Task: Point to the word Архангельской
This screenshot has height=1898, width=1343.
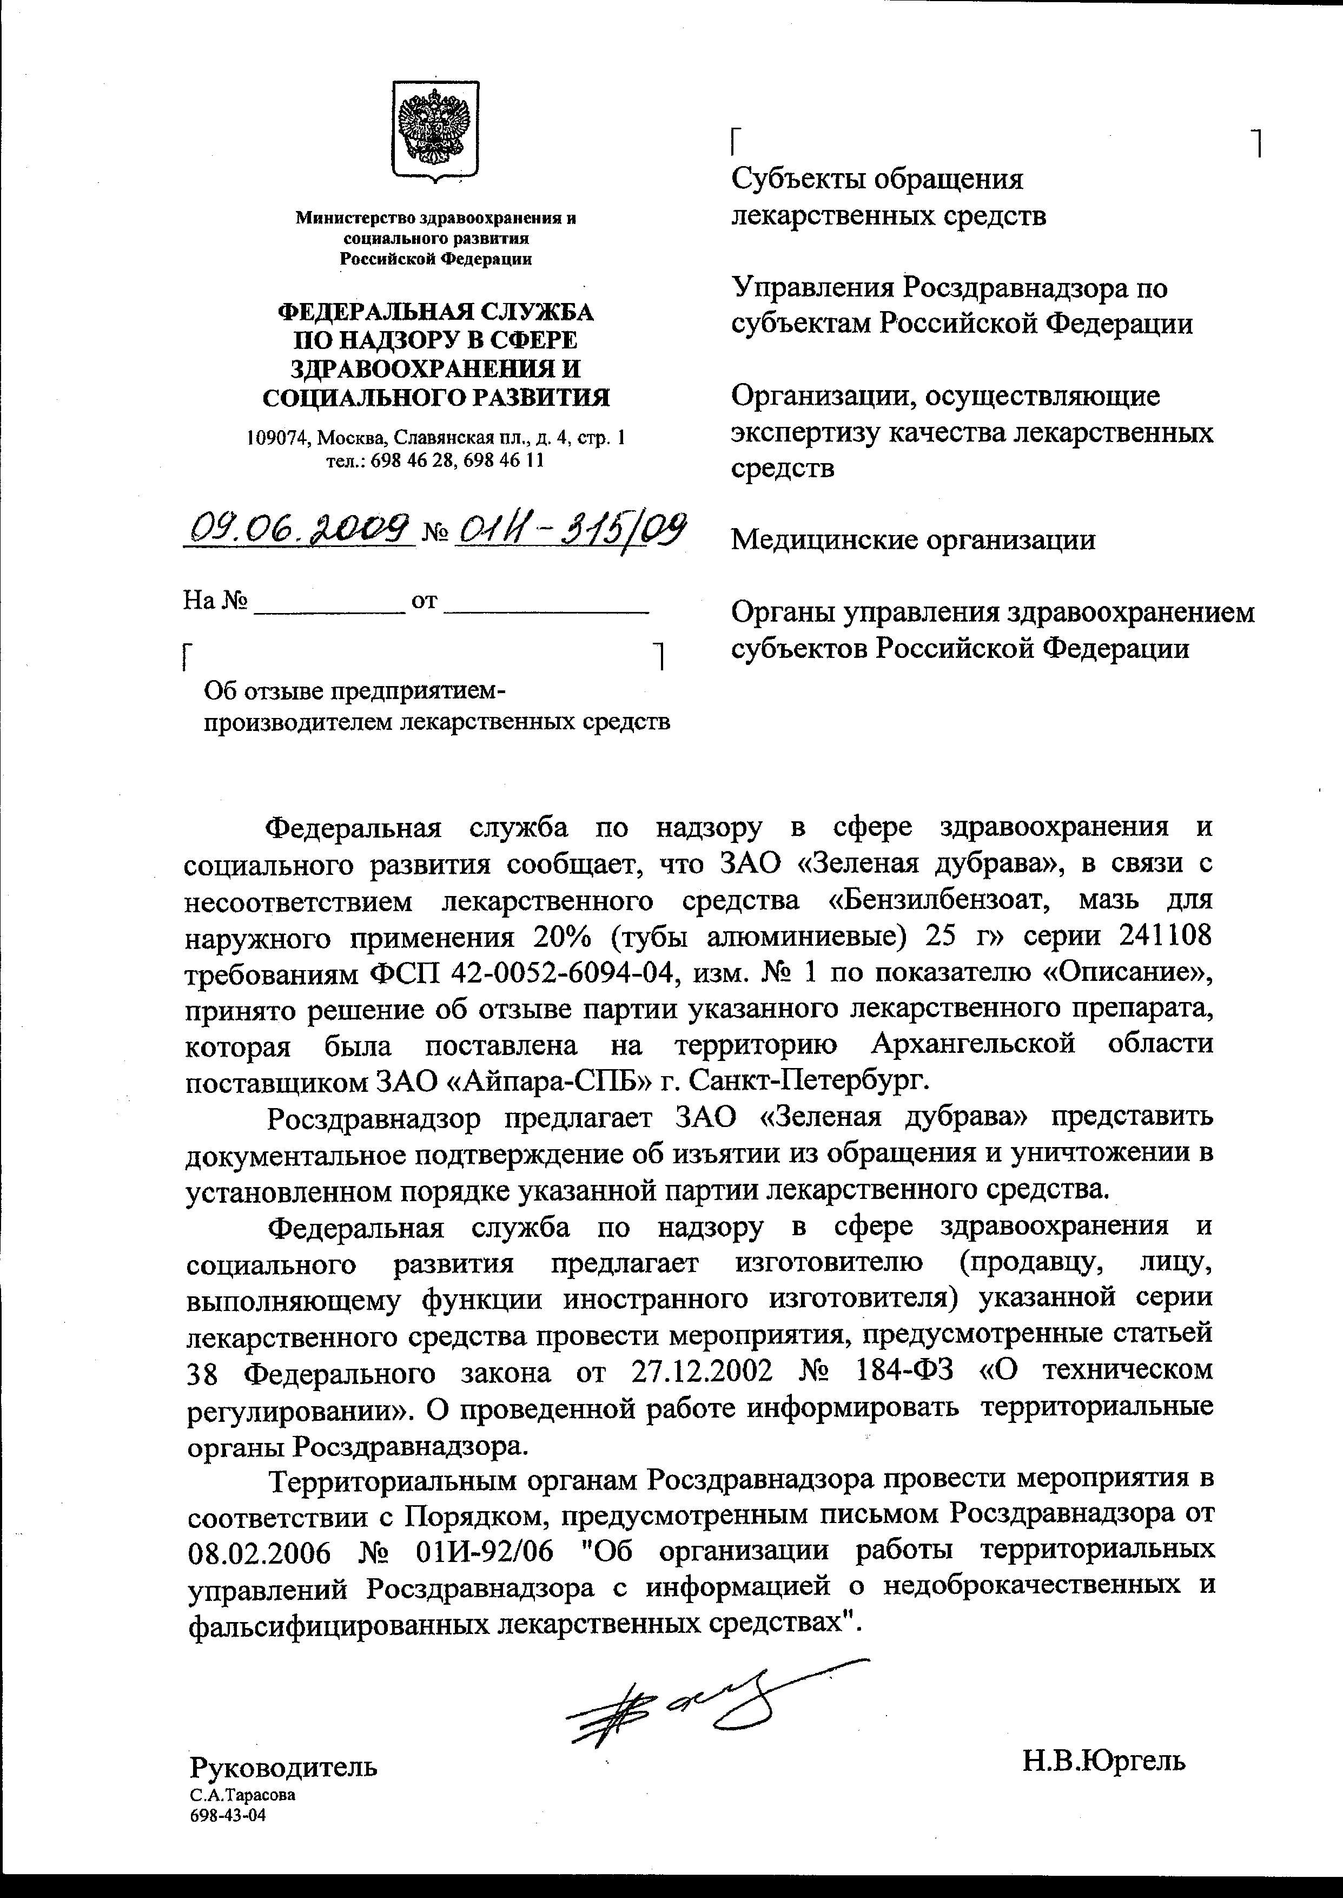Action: point(974,1044)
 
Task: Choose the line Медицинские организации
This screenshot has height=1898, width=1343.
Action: point(913,540)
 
